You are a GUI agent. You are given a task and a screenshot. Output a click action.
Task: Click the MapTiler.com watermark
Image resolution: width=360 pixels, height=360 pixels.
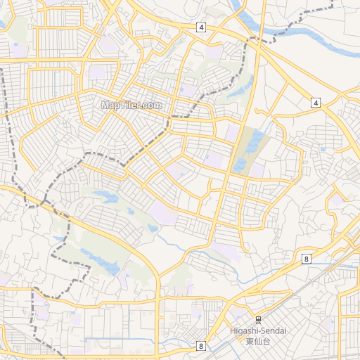pos(131,105)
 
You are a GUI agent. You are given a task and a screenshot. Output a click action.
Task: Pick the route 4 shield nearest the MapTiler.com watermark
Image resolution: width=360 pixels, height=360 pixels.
pos(202,27)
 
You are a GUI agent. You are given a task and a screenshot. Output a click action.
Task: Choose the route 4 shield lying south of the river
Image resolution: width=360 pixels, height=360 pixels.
pos(316,103)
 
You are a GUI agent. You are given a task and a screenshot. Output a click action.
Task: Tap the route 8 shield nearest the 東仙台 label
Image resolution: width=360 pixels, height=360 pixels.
pos(201,346)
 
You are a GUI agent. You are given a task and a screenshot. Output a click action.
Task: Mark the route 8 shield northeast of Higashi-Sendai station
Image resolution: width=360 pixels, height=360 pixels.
pos(307,259)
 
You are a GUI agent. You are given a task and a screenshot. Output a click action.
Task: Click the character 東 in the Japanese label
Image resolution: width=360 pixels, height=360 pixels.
pos(250,341)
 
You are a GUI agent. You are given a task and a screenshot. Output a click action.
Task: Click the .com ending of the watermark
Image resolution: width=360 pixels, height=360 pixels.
pos(150,105)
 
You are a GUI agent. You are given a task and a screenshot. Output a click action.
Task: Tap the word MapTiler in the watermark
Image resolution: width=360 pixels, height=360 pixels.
pos(120,105)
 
